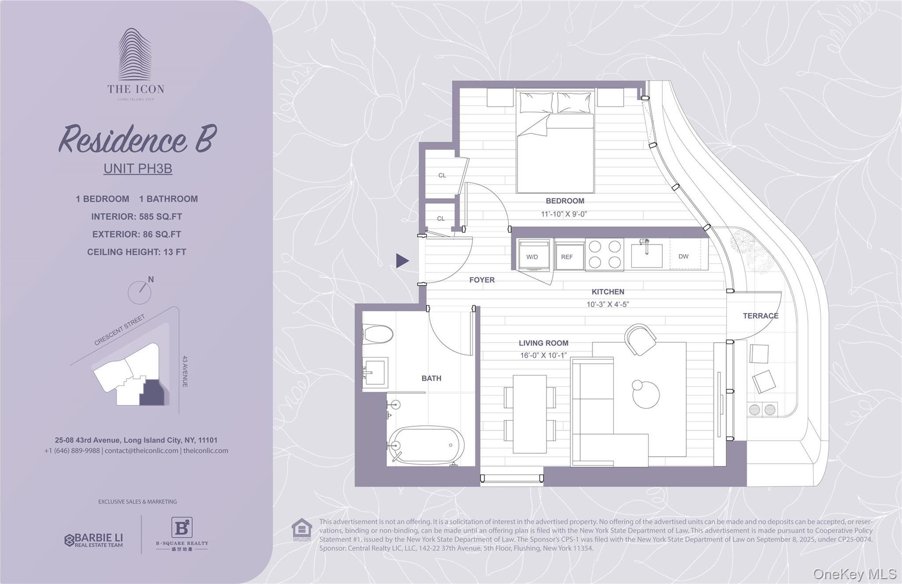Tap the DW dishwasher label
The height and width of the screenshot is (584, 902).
pyautogui.click(x=683, y=256)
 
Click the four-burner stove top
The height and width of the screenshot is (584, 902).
pyautogui.click(x=605, y=254)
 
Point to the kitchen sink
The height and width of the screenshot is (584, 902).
pyautogui.click(x=646, y=254)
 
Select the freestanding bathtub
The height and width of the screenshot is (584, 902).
pyautogui.click(x=426, y=445)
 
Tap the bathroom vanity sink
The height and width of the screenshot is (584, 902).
pyautogui.click(x=375, y=373)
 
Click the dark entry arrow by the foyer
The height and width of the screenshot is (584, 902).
pyautogui.click(x=402, y=260)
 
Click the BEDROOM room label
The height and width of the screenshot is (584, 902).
pyautogui.click(x=565, y=201)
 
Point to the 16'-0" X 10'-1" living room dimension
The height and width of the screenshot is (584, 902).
pyautogui.click(x=543, y=355)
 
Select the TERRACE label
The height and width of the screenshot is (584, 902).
pyautogui.click(x=761, y=316)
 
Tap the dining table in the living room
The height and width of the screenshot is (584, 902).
pyautogui.click(x=530, y=414)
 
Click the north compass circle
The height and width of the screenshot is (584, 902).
pyautogui.click(x=139, y=292)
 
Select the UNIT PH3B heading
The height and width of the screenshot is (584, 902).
pyautogui.click(x=137, y=168)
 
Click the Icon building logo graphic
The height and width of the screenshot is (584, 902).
pyautogui.click(x=135, y=55)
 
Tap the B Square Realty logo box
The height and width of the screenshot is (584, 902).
pyautogui.click(x=182, y=527)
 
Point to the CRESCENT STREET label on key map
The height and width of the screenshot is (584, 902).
pyautogui.click(x=119, y=330)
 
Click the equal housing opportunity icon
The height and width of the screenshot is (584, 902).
pyautogui.click(x=302, y=529)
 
